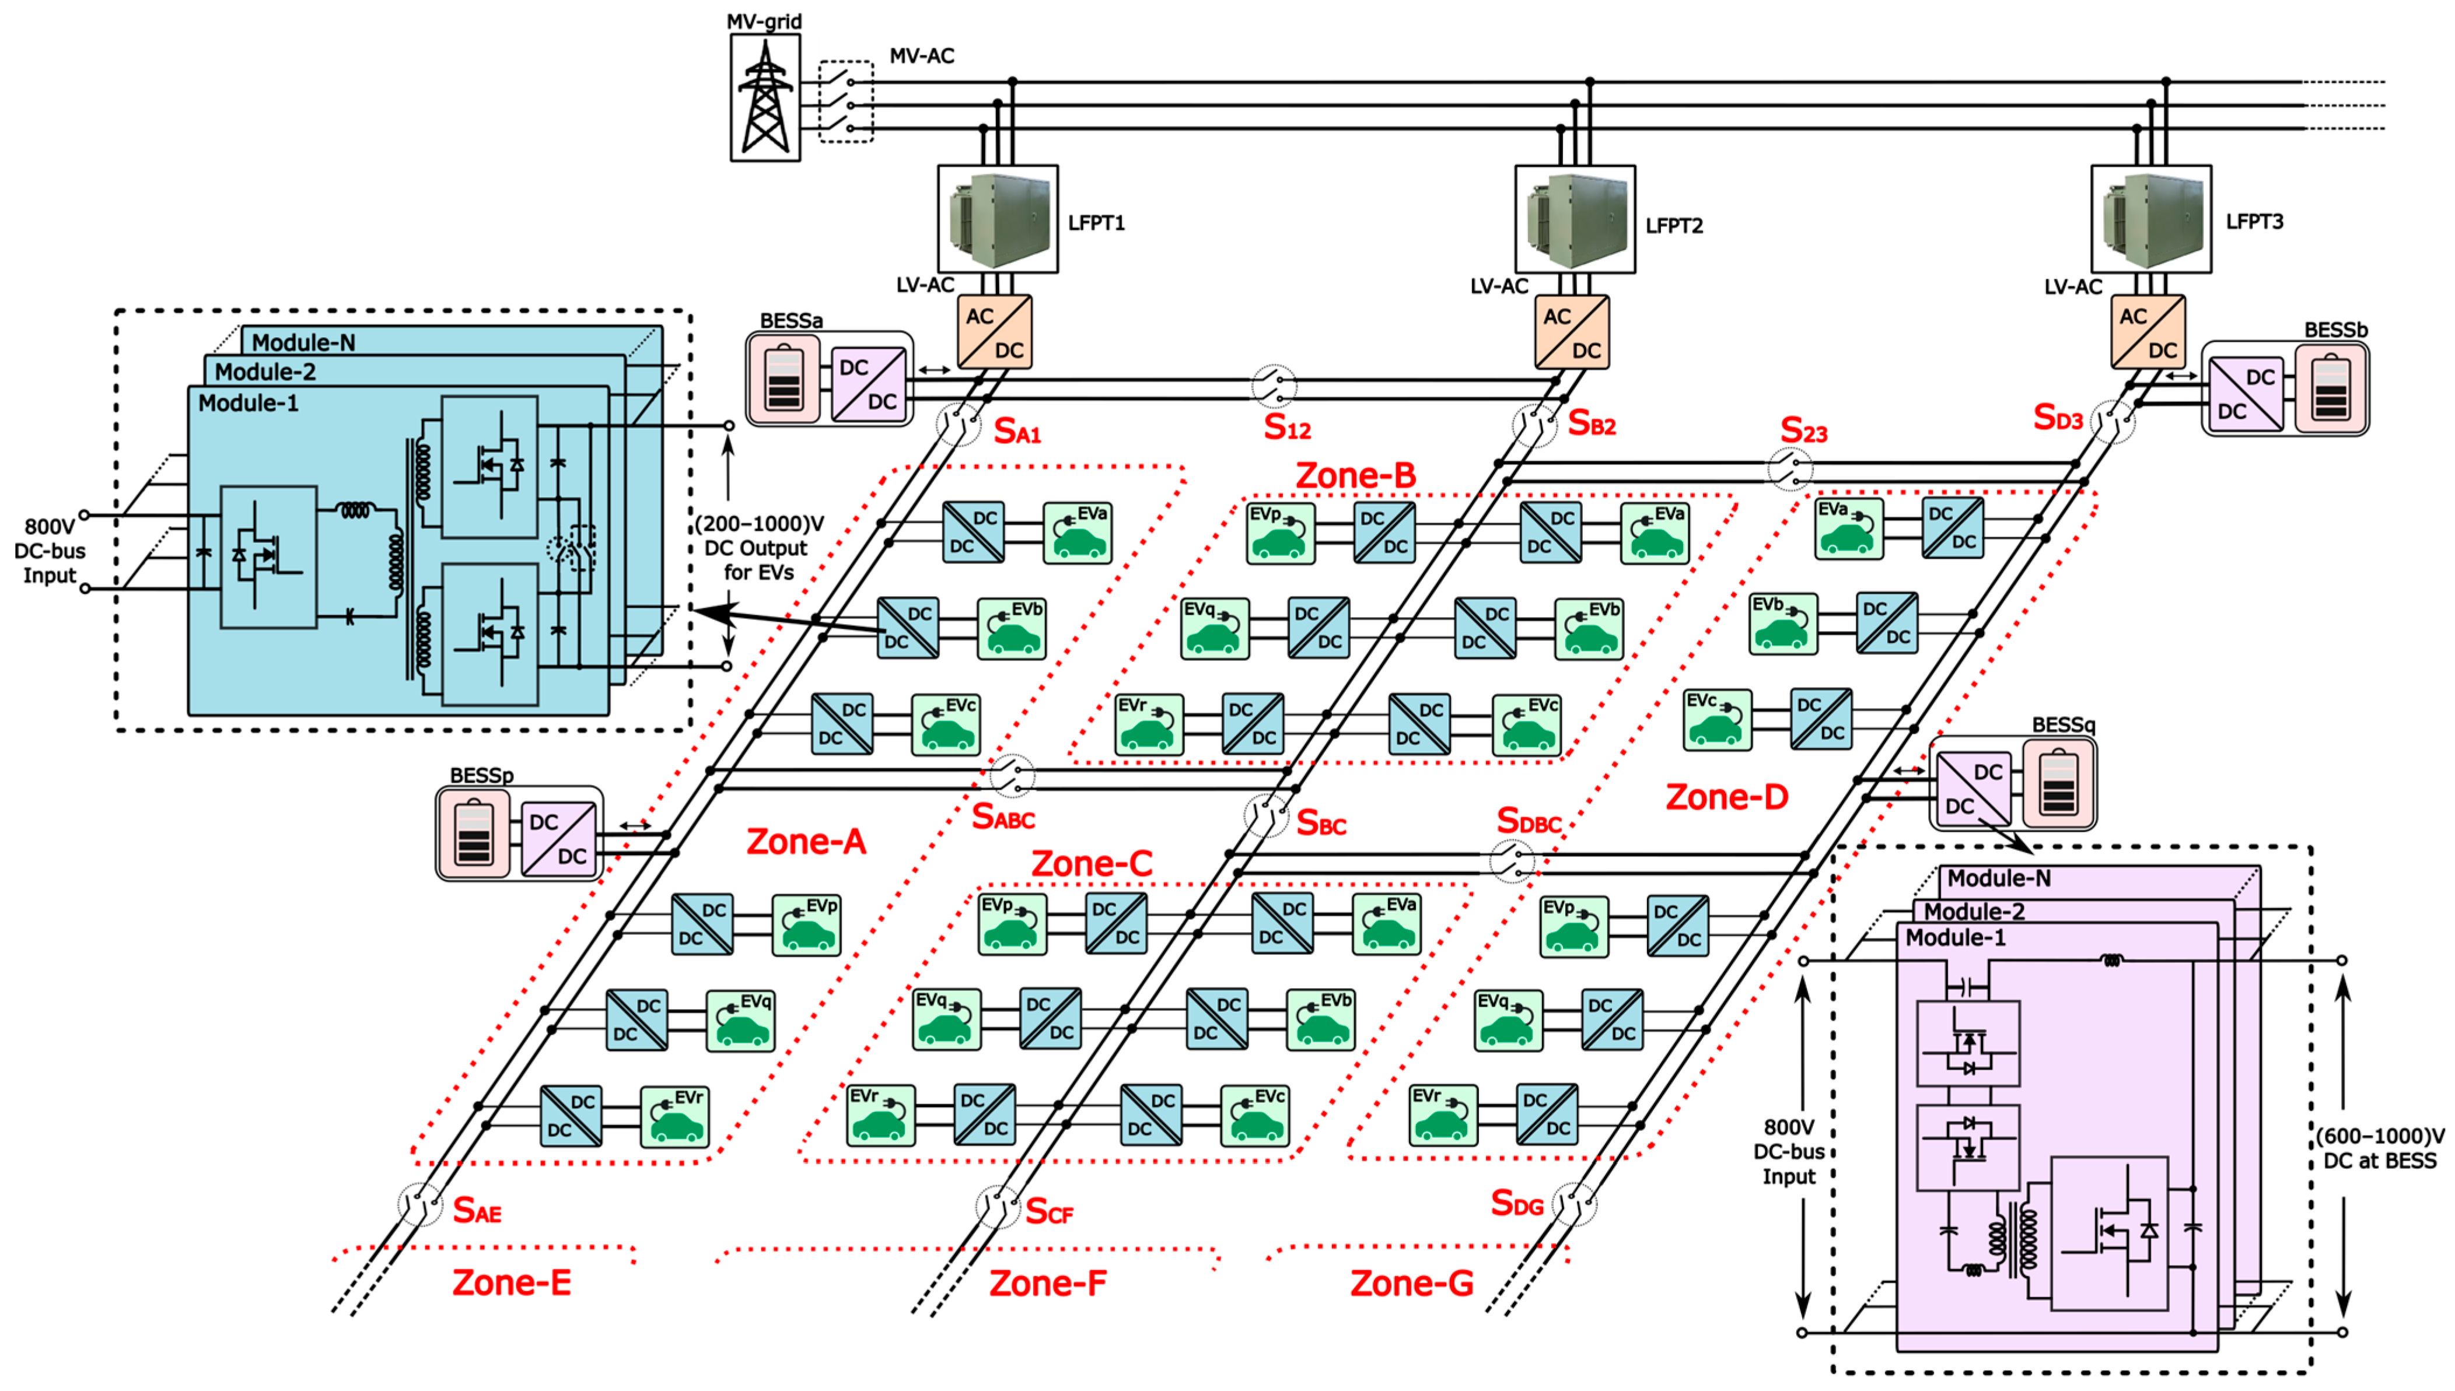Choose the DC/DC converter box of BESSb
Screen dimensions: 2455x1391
[2246, 394]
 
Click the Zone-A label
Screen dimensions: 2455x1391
[806, 842]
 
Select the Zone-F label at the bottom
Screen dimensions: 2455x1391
[1047, 1283]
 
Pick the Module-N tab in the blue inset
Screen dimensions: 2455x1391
[304, 342]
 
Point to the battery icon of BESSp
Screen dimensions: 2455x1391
[474, 833]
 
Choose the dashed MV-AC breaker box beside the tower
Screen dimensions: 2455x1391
[846, 101]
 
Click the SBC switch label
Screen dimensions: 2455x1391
[1321, 824]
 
